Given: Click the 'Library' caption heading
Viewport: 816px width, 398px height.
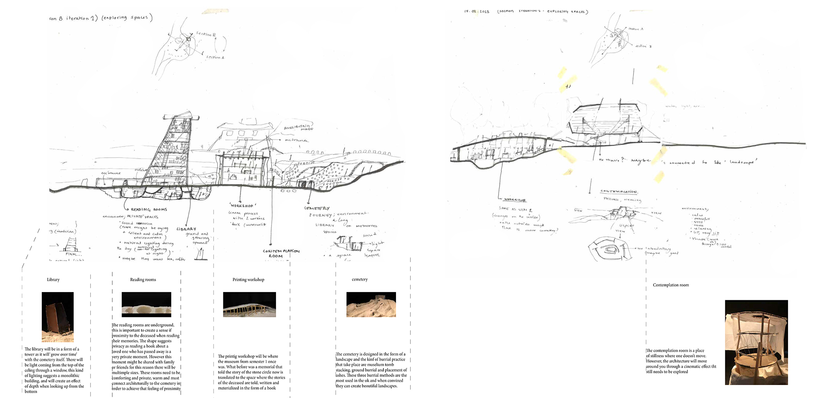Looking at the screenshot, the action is [x=53, y=280].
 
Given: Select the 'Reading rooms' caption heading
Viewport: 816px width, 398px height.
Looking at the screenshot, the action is [x=143, y=280].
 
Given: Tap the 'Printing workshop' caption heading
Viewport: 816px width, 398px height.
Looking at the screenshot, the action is [x=248, y=280].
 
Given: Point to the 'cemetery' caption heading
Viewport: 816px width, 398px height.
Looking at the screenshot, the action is [x=360, y=280].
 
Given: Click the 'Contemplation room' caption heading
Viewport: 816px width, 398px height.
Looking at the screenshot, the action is [x=670, y=285].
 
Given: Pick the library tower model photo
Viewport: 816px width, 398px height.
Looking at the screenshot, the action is [x=58, y=316].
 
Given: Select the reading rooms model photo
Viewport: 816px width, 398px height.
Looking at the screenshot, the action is [x=146, y=304].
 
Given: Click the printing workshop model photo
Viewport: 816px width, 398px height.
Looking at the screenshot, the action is [x=249, y=304].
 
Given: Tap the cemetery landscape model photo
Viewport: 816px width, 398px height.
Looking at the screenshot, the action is [x=371, y=304].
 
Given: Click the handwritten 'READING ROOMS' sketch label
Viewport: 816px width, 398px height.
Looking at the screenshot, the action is [x=149, y=209].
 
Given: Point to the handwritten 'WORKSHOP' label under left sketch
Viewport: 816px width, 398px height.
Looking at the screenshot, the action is [x=242, y=206].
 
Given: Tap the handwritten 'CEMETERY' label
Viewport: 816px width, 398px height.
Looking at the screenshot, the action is [x=317, y=208].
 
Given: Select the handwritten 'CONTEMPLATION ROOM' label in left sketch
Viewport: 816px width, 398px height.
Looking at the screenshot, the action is [x=281, y=253].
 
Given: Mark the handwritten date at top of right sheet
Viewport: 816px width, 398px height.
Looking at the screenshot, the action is [x=477, y=11].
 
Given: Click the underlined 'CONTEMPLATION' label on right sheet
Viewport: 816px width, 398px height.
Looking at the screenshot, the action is [x=619, y=191].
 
